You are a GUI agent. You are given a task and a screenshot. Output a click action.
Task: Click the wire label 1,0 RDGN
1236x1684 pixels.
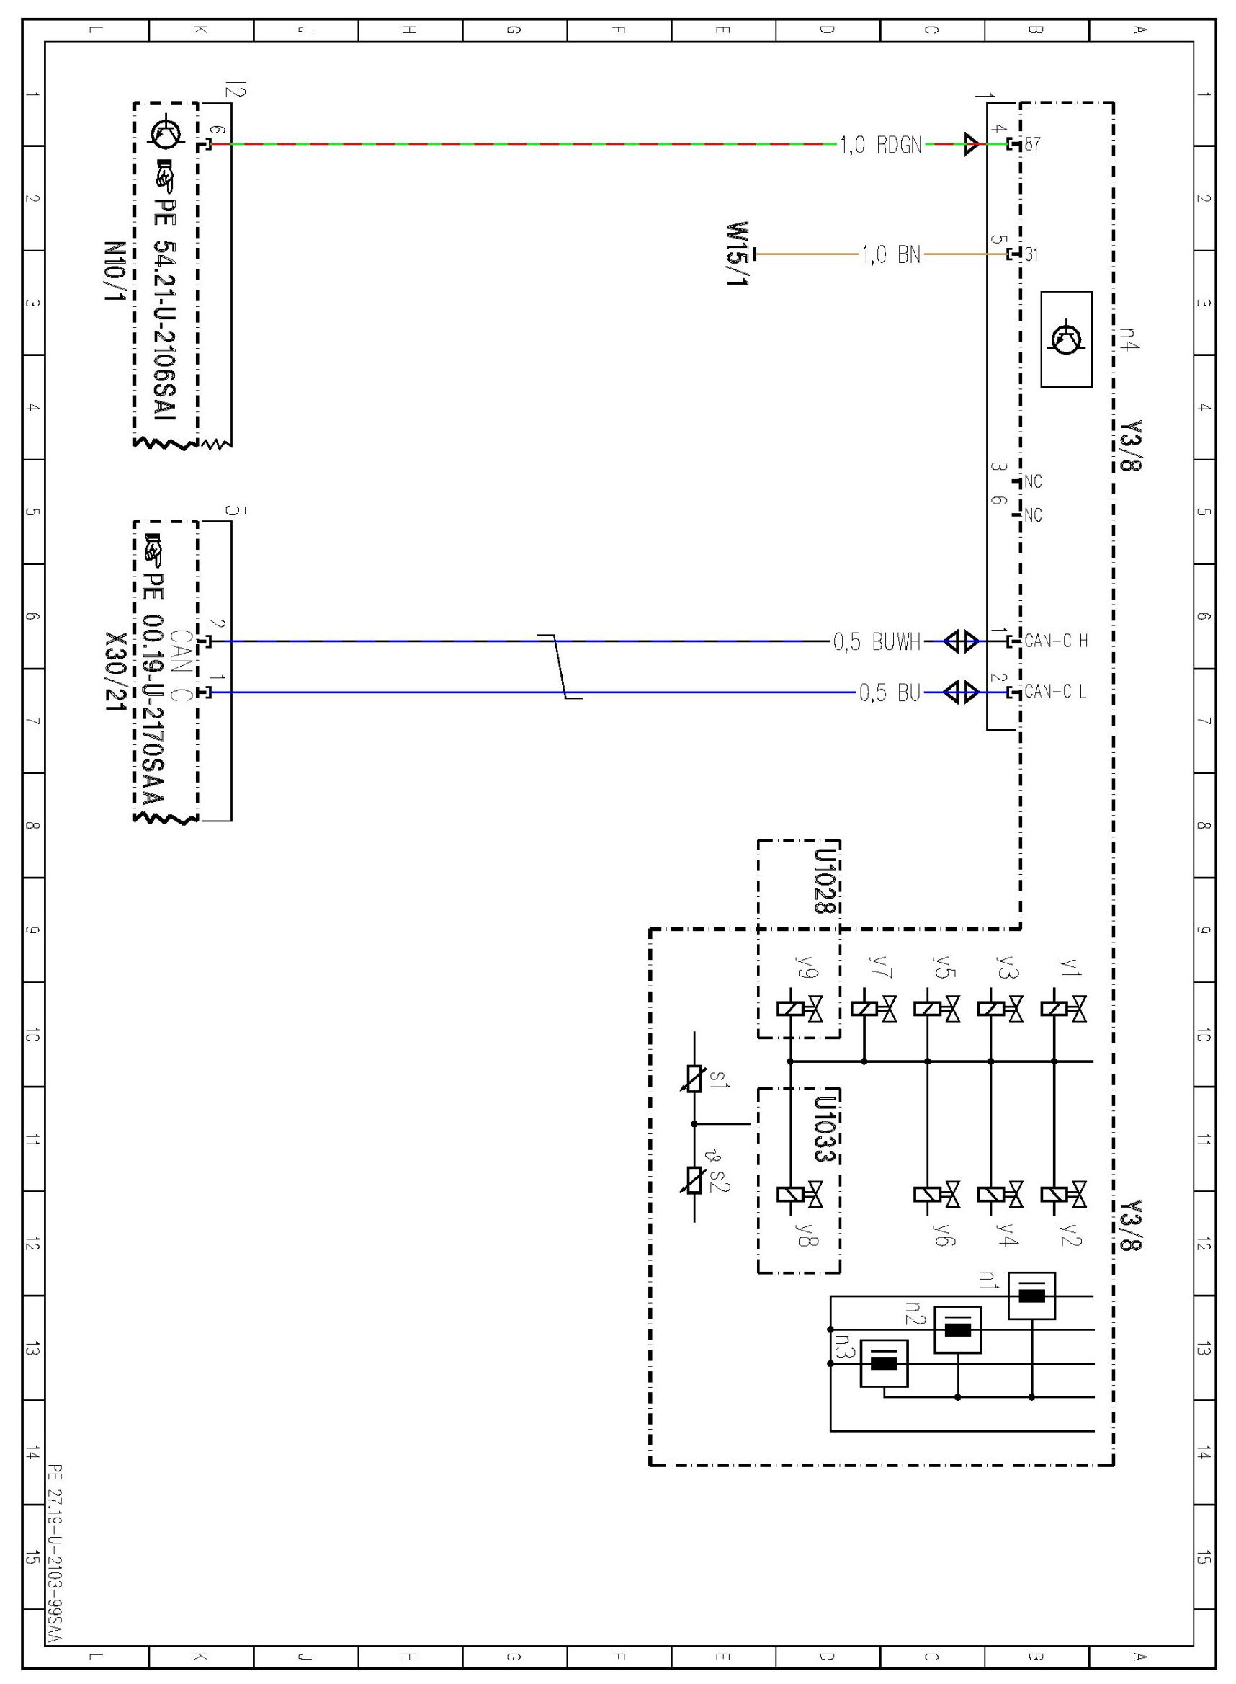point(881,144)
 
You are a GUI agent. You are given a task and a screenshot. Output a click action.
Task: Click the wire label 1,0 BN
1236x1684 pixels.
point(890,254)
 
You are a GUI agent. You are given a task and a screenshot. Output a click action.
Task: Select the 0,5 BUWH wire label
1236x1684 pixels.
point(877,641)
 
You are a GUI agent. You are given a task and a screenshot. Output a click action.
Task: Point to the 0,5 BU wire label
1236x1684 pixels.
point(890,693)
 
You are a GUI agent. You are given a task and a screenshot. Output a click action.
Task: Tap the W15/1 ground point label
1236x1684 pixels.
point(738,254)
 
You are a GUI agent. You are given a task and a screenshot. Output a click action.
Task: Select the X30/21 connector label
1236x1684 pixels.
point(115,672)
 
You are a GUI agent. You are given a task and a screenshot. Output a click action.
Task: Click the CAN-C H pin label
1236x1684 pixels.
point(1056,641)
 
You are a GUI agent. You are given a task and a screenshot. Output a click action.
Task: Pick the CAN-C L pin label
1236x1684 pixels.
point(1055,692)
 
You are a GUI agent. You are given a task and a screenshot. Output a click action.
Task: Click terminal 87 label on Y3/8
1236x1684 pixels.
point(1032,143)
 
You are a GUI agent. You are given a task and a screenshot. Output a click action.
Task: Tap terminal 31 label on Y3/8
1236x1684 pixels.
point(1031,254)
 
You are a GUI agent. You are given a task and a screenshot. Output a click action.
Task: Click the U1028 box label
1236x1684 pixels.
point(825,881)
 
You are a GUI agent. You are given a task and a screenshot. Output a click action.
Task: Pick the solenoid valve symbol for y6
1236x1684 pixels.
point(937,1195)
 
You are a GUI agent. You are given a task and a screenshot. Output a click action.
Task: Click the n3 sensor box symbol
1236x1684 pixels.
point(884,1363)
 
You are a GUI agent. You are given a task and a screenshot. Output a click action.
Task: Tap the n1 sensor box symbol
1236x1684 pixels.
point(1031,1296)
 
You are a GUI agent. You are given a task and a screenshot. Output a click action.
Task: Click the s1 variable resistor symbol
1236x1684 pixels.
point(694,1079)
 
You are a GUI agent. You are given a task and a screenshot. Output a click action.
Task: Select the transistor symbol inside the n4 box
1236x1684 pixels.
point(1066,339)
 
